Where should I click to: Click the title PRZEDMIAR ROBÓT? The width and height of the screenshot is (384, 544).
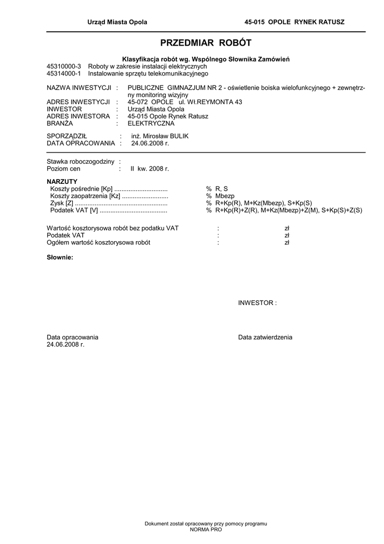click(206, 43)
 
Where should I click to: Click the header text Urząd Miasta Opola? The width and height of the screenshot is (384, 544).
click(117, 22)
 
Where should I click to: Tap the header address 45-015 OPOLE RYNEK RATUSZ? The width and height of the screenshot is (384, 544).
click(294, 22)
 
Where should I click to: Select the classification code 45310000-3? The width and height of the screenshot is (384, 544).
click(64, 66)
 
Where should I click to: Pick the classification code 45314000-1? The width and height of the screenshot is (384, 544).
click(64, 74)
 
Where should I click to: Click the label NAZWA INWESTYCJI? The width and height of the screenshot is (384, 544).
click(78, 87)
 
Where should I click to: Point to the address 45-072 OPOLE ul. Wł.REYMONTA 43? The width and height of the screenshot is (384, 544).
click(185, 102)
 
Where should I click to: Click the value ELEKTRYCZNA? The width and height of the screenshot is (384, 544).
click(151, 123)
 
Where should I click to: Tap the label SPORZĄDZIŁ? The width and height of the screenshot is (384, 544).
click(67, 136)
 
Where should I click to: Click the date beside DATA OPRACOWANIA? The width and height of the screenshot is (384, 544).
click(150, 143)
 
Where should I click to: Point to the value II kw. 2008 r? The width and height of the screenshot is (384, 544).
click(150, 168)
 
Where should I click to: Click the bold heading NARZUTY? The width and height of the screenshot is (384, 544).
click(62, 182)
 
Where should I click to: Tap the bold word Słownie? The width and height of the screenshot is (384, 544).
click(60, 258)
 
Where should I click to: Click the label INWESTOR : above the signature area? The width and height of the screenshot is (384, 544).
click(257, 303)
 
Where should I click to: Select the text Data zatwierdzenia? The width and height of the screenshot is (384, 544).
click(265, 337)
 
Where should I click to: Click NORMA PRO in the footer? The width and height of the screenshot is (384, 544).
click(206, 530)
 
